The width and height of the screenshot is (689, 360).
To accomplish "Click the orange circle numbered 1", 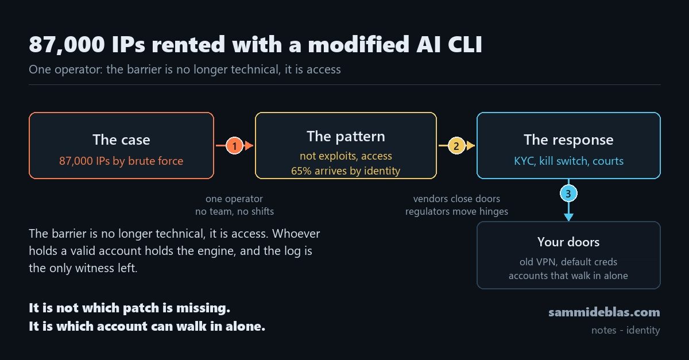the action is (x=235, y=145).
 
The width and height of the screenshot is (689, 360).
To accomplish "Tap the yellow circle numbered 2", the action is (x=456, y=145).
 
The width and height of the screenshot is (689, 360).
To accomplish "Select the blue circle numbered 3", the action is (x=568, y=193).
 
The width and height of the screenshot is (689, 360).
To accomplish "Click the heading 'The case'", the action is (x=121, y=140).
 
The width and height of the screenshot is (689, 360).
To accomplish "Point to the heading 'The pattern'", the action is (x=346, y=137).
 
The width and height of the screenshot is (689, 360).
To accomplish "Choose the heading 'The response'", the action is (x=568, y=140).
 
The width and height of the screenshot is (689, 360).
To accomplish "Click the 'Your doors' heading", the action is (x=568, y=242).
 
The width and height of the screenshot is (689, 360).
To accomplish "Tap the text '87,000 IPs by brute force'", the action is (x=121, y=161).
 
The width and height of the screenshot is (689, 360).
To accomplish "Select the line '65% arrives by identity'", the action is (x=346, y=171).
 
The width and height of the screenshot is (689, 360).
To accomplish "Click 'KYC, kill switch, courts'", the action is (x=568, y=161).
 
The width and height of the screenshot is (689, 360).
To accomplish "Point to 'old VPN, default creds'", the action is (x=568, y=262).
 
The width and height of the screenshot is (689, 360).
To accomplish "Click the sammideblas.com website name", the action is (x=604, y=312).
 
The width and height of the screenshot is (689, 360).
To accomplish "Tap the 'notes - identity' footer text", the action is (x=626, y=330).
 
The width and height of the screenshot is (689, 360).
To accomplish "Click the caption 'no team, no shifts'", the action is (x=234, y=211).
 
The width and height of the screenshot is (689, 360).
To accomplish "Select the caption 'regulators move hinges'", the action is (x=456, y=211).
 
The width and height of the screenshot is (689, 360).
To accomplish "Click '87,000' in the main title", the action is (x=67, y=45).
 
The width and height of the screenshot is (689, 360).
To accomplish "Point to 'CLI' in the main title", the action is (x=465, y=44).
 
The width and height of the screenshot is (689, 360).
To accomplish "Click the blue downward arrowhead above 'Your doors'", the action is (x=568, y=217).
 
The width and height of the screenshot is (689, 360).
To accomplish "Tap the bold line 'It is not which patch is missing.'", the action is (x=130, y=308).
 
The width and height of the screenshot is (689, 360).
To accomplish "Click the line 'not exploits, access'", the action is (x=346, y=156).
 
